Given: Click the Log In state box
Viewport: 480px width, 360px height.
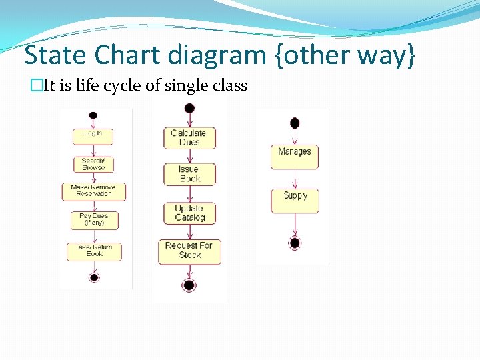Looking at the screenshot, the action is coord(93,136).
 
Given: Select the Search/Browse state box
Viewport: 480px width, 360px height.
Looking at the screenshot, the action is coord(93,164).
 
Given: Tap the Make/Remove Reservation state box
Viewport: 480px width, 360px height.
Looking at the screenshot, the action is coord(93,191).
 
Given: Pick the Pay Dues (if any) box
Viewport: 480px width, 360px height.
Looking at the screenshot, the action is coord(93,220).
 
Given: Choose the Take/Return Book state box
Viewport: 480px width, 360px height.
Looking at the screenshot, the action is coord(94,251).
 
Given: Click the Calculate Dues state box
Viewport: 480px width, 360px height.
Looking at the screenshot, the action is coord(189,138).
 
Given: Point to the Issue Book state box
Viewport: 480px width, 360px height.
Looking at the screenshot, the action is coord(189,174).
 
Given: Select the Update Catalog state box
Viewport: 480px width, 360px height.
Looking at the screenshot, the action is coord(189,213).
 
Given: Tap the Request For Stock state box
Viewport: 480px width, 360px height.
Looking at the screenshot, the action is coord(189,251).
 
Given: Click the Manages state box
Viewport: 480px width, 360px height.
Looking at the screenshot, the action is coord(295,157).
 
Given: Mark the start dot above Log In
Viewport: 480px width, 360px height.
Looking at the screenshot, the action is coord(93,115).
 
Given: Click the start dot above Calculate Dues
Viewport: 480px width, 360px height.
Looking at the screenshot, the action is coord(189,108).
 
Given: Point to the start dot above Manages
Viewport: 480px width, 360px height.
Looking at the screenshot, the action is coord(295,123).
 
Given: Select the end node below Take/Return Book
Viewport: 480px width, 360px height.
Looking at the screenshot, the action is coord(94,277).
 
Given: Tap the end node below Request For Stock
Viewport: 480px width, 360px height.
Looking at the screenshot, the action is coord(189,285).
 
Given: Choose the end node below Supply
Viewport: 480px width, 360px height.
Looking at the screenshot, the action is coord(295,243).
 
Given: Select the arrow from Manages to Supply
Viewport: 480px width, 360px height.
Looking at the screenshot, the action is coord(295,179).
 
